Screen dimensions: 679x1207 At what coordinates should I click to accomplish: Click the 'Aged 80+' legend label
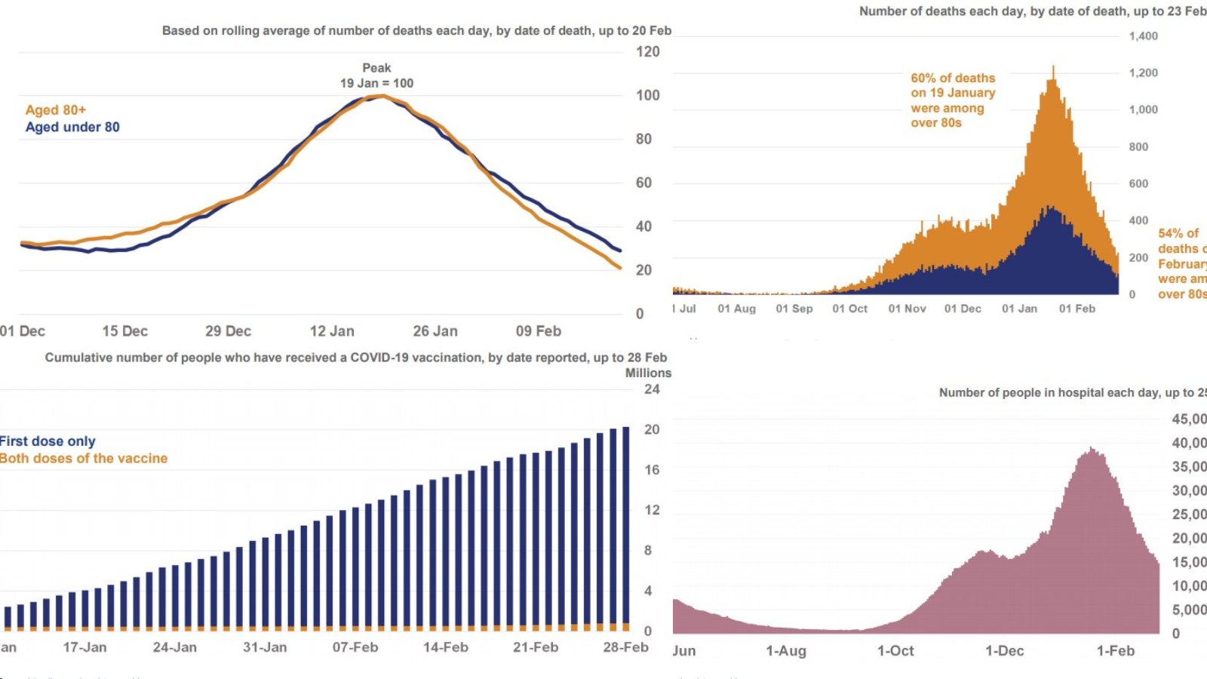56,110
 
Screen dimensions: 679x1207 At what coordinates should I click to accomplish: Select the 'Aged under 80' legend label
72,128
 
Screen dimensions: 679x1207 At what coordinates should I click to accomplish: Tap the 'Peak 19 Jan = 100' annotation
376,76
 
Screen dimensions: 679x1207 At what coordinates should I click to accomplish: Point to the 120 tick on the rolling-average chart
647,52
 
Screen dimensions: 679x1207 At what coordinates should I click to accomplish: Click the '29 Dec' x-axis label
228,331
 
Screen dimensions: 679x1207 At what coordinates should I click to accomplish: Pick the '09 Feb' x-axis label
538,331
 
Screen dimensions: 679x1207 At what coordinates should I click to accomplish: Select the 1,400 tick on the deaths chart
1143,36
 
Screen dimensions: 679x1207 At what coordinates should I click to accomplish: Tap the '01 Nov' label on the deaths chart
907,309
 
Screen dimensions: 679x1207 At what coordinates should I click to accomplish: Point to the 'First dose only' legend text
48,441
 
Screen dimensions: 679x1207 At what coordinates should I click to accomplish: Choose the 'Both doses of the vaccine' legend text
84,459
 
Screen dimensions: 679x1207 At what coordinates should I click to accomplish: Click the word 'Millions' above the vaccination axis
647,373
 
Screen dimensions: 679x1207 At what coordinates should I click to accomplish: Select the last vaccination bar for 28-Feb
625,528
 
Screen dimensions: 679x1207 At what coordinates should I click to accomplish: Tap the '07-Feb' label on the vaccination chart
355,647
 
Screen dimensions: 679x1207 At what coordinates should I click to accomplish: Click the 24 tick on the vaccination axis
652,389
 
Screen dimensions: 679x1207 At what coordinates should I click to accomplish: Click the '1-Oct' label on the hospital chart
895,651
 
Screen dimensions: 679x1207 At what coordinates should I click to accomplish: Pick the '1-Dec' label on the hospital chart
1004,651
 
